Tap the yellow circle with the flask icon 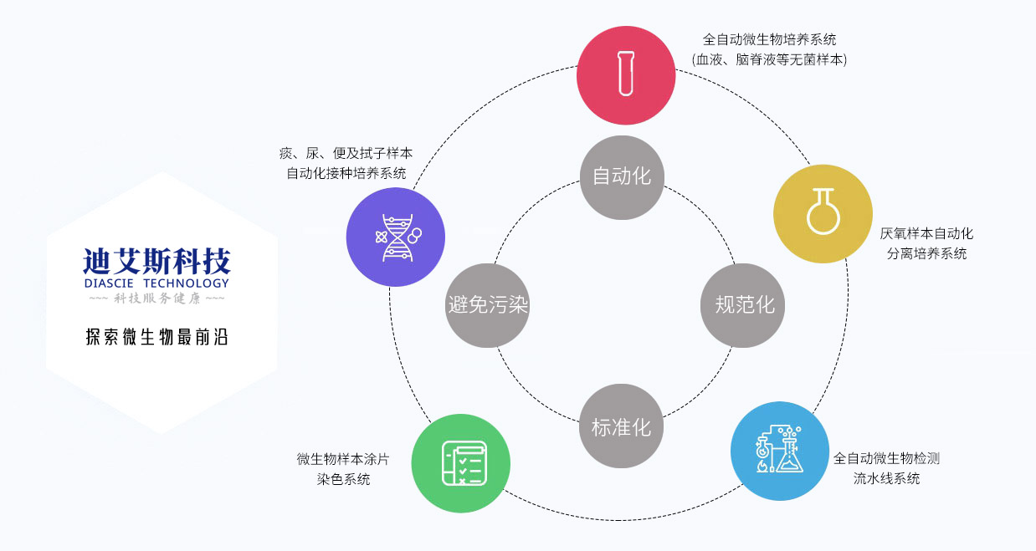823,213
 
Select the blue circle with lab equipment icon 780,451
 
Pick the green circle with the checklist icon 461,462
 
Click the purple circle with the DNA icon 395,237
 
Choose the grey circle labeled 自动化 622,177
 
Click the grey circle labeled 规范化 744,305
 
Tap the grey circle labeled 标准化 621,426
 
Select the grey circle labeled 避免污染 488,305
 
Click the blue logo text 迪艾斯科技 156,263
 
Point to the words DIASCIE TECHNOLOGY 156,283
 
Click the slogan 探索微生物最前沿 156,337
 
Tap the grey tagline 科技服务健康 156,298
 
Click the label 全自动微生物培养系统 769,39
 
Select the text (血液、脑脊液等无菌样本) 769,59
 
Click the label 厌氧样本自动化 926,233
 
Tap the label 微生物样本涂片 342,459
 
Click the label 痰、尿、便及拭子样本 346,154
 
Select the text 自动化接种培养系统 346,174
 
